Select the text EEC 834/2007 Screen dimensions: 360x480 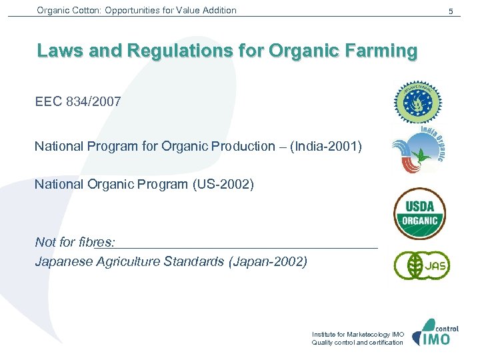(x=78, y=101)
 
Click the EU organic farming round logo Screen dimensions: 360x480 (x=417, y=103)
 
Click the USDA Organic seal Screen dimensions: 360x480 (x=419, y=213)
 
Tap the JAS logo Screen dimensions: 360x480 (x=421, y=265)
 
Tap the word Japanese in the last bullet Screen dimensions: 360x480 (x=63, y=261)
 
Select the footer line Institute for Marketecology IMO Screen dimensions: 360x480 (x=357, y=334)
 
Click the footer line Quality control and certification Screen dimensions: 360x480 (x=357, y=343)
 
